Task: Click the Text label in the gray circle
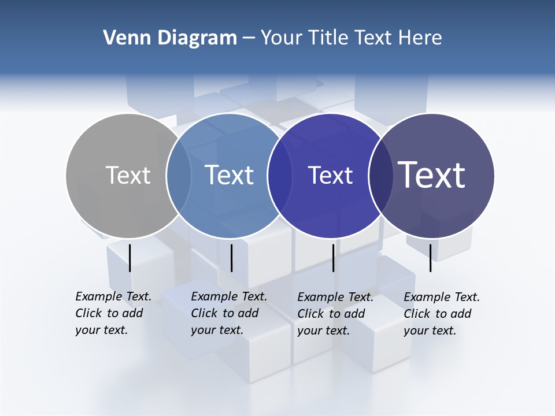(128, 175)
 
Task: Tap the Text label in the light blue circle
(230, 175)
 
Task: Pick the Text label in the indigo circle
(330, 175)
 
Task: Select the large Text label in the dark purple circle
(432, 175)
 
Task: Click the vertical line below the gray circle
(129, 258)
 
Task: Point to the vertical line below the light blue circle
(231, 258)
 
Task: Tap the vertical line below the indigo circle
(333, 258)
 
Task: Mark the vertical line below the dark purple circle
(431, 258)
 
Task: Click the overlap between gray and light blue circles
(179, 175)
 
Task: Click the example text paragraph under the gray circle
(113, 313)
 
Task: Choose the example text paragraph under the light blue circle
(229, 313)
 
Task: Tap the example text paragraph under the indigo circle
(335, 314)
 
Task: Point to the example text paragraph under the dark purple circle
(442, 314)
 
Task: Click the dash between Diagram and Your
(249, 38)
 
